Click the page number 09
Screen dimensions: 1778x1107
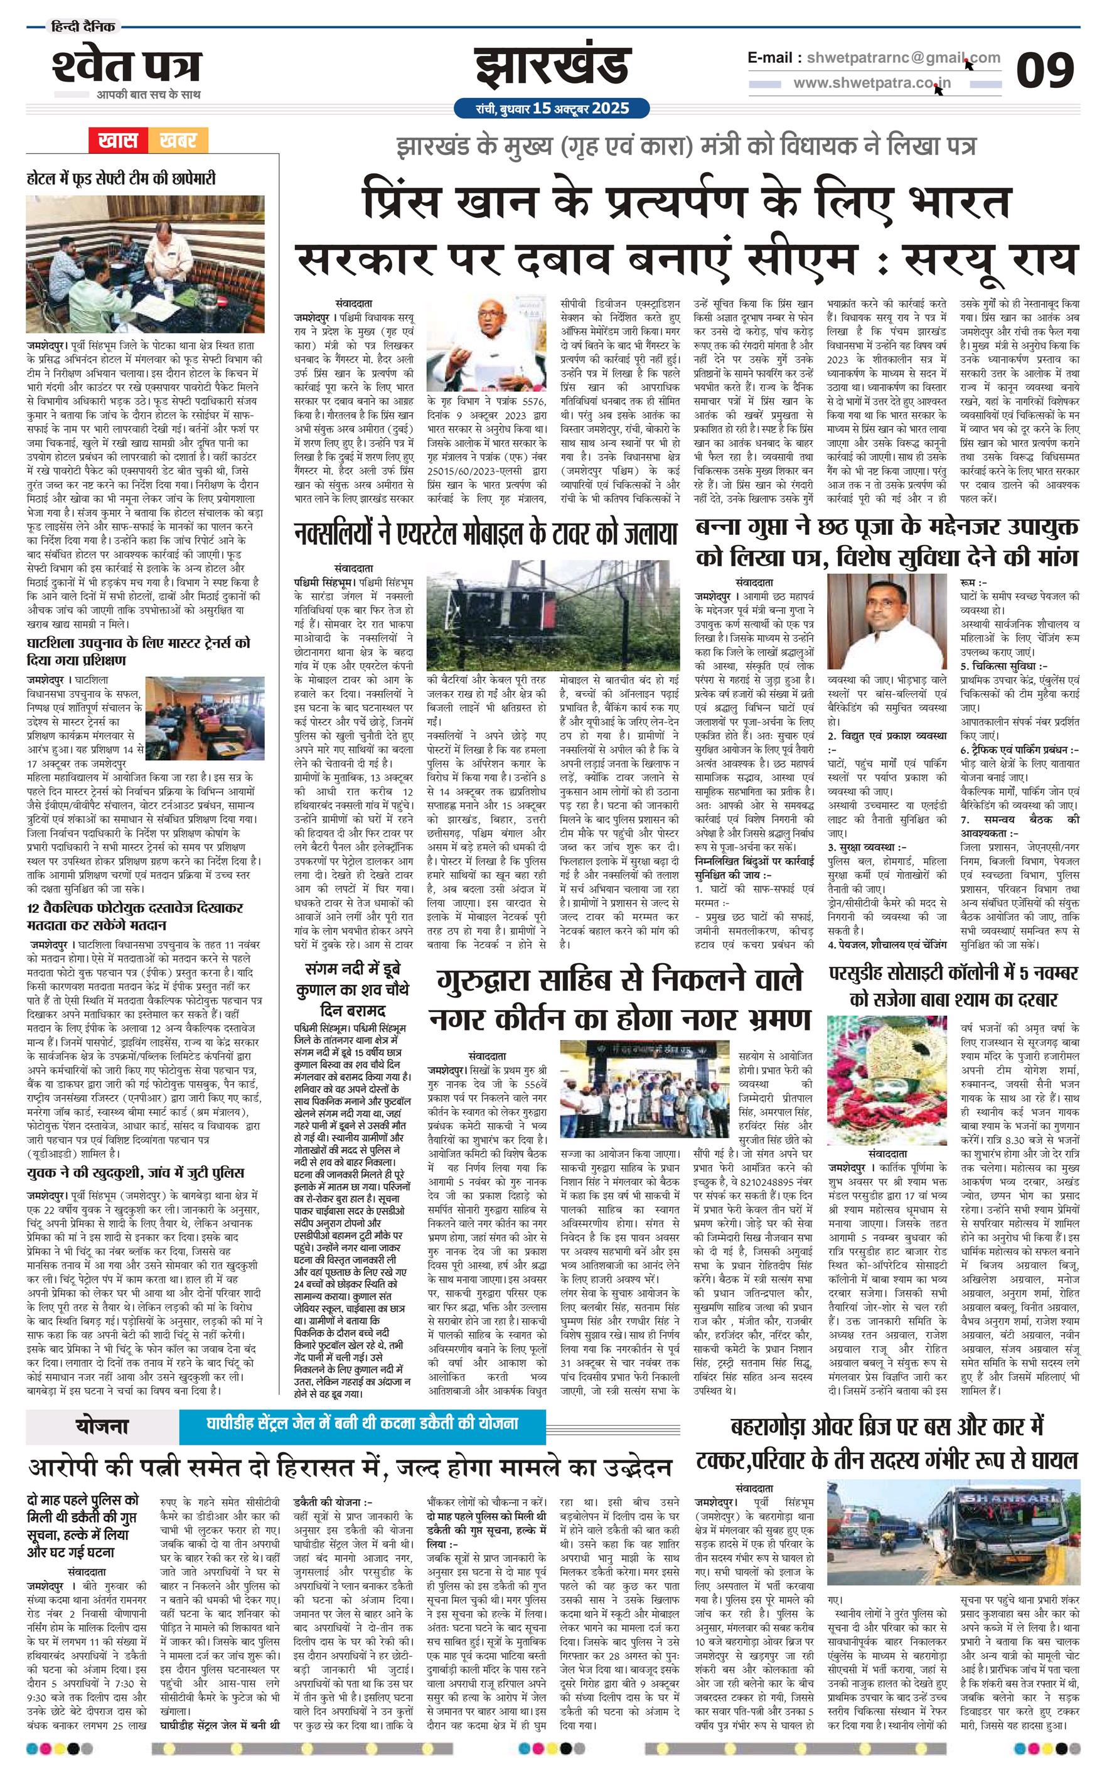coord(1044,70)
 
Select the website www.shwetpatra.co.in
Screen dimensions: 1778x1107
coord(871,83)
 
